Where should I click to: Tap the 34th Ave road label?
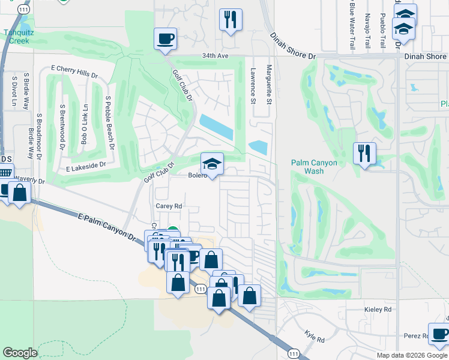[215, 56]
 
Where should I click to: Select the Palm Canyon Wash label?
[314, 167]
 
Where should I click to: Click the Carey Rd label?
[169, 205]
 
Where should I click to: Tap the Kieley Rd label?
[378, 309]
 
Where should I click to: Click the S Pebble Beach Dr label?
[109, 120]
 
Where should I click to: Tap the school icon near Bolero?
[212, 163]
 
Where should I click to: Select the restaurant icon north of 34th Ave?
[231, 20]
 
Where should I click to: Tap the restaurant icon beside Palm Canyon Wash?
[364, 154]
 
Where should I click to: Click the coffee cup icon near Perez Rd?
[438, 334]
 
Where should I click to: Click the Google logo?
[20, 353]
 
